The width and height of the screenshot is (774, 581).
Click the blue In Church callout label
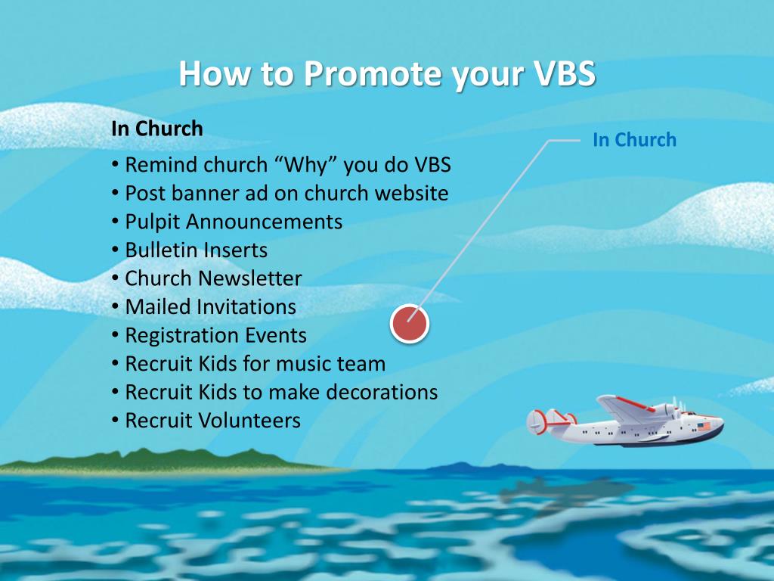634,140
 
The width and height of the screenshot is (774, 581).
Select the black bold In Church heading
157,129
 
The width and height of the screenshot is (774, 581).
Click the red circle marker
410,324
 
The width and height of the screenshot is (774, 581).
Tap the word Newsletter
249,278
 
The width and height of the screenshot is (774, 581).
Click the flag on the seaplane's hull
704,427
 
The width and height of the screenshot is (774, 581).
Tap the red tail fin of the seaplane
538,420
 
